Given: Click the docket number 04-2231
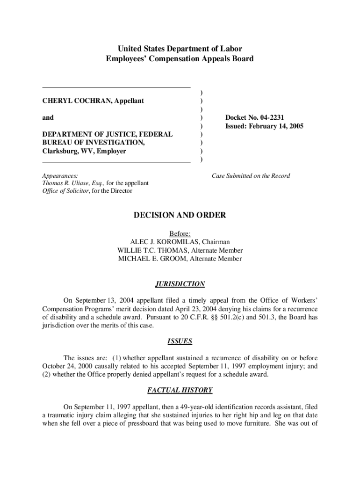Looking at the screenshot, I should (x=277, y=118).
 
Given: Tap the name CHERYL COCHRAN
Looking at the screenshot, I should (x=69, y=101).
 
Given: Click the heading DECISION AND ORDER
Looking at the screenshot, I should (x=180, y=215).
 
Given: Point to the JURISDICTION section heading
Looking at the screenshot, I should (x=180, y=284).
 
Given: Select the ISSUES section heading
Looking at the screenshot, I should (x=180, y=341).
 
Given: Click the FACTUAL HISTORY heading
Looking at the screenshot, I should (x=180, y=390).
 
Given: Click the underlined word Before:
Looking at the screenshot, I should (x=180, y=233).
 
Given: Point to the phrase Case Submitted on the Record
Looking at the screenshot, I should (x=251, y=176).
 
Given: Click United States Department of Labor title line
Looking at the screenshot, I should (x=180, y=49).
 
